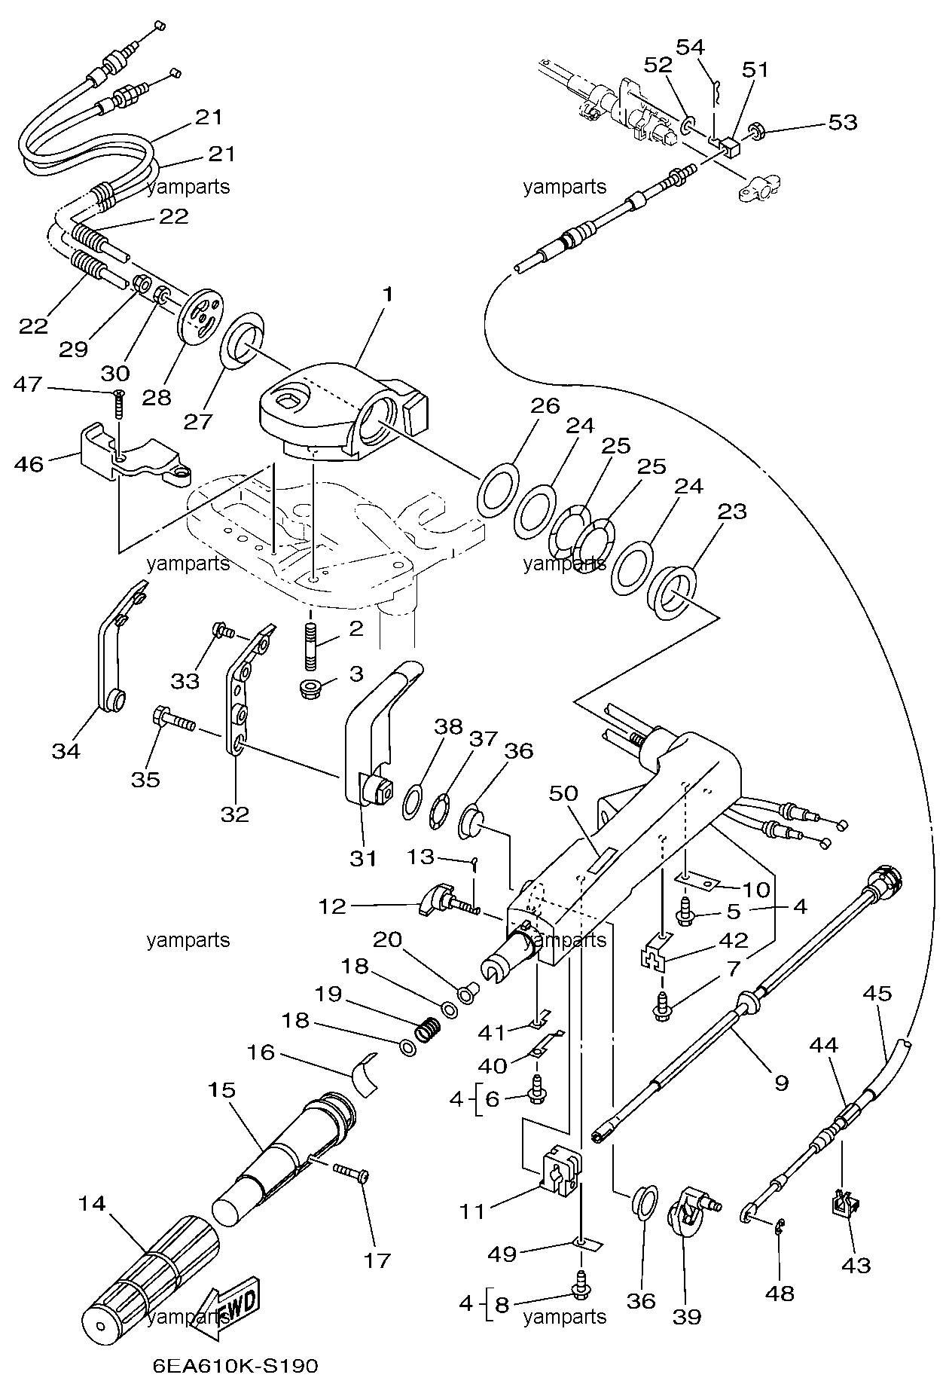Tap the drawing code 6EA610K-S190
point(236,1366)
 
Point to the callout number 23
point(732,512)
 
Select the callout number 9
point(781,1083)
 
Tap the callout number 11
point(473,1211)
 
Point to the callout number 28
point(157,397)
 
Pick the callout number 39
point(686,1316)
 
